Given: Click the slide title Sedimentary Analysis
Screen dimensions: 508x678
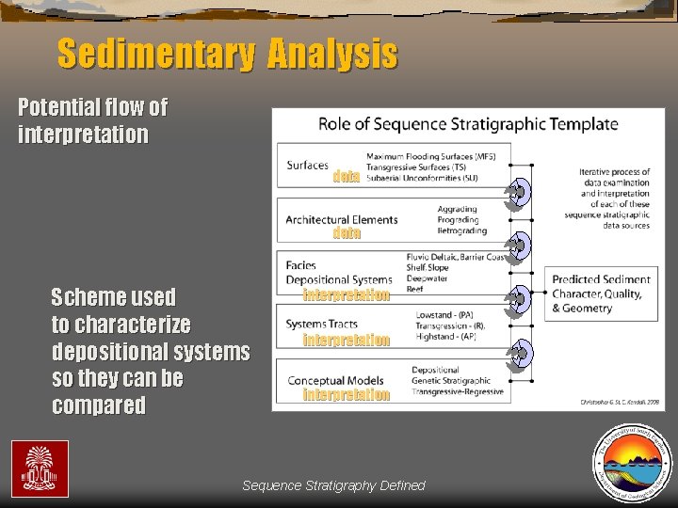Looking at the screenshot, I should point(227,54).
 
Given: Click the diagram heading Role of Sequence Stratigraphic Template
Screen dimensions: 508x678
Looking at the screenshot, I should point(468,123).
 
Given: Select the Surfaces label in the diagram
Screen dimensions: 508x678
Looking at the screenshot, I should point(308,166).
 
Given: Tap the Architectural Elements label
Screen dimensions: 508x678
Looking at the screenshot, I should point(341,220).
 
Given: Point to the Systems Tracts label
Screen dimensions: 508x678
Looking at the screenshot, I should point(321,325).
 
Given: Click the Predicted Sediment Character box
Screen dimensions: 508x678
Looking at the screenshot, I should point(601,294).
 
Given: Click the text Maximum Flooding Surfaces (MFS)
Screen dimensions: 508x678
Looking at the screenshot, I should point(430,155).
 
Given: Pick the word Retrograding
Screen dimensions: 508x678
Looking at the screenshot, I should point(462,230).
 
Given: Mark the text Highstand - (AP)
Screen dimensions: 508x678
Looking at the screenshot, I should point(449,336).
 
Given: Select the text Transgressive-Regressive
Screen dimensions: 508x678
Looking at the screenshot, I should point(458,391).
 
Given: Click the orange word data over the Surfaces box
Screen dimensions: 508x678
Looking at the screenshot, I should point(347,176).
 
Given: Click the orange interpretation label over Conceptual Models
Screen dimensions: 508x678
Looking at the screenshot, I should point(346,394).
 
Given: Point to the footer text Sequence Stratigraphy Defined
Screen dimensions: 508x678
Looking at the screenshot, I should point(333,485).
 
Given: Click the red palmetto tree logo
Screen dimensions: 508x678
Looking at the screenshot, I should point(40,468).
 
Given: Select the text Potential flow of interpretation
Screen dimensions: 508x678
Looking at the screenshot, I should point(92,120).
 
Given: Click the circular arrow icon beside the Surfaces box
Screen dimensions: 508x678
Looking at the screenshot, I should point(517,192).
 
